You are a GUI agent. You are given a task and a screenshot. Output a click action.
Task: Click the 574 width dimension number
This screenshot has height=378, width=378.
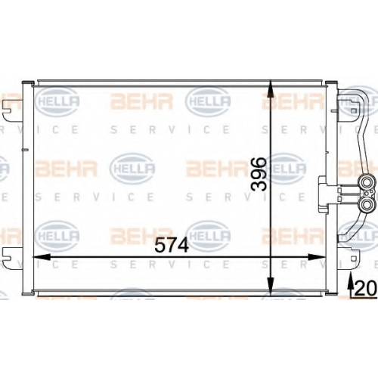coord(172,245)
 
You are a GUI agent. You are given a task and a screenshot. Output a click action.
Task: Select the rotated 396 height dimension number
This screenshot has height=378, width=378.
coord(259,174)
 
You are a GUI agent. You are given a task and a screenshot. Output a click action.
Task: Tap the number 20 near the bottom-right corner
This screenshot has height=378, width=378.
coord(365,288)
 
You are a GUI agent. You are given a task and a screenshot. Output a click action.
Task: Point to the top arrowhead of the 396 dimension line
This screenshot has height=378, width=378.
coord(270,88)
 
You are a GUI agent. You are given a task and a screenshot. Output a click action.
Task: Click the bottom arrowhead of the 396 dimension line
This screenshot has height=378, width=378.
coord(270,286)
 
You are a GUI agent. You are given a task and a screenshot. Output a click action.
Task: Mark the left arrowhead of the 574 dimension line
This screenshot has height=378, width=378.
coord(42,257)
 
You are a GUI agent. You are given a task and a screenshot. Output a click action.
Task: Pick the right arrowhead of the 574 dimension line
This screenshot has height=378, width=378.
coord(317,257)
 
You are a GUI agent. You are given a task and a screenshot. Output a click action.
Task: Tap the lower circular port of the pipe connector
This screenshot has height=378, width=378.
coord(366,205)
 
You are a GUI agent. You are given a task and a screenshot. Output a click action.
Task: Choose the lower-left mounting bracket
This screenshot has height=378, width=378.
coord(12,259)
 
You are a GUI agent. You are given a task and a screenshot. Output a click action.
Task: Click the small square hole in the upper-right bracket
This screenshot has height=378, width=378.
coord(354,110)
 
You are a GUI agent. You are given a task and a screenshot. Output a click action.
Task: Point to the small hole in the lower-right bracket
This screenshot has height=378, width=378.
coord(354,259)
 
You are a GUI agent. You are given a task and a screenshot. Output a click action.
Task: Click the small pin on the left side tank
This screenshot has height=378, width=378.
coord(25,150)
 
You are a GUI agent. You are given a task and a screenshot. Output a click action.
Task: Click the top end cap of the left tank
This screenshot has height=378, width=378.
coord(28,82)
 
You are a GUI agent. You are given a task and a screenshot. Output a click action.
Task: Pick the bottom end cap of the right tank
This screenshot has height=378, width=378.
coord(331,294)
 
